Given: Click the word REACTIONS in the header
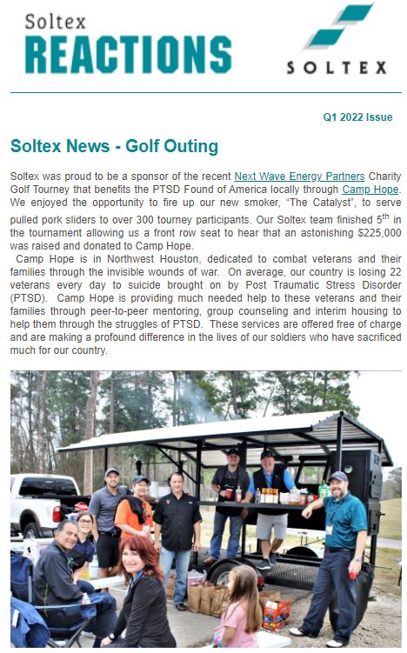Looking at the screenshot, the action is pos(128,54).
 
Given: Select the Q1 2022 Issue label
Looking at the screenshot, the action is pos(357,117).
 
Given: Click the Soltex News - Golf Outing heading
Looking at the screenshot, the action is pos(114,146).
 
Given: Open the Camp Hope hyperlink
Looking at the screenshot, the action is pos(370,189).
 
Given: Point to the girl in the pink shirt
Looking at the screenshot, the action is pos(236,623).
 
